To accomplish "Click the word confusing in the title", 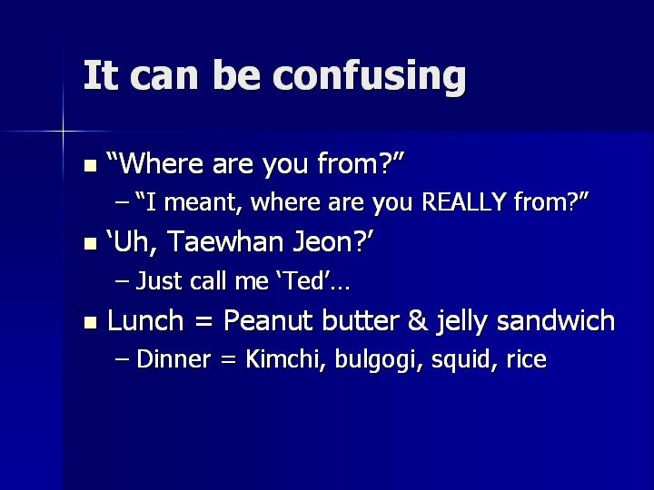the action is click(x=369, y=76).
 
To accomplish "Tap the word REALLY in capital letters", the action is click(x=464, y=201).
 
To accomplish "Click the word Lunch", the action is click(x=145, y=320).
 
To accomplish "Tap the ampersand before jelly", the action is click(x=418, y=320).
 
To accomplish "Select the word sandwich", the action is click(x=556, y=320).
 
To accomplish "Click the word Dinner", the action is click(x=173, y=358).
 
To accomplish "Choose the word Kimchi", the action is click(x=282, y=358).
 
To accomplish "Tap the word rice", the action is click(x=526, y=358).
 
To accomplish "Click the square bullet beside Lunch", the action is click(x=91, y=323).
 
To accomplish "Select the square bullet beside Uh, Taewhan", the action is click(x=91, y=244).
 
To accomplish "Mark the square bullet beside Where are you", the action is click(x=91, y=165).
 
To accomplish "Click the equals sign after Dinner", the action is click(x=229, y=359).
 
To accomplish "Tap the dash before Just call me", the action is click(x=122, y=281).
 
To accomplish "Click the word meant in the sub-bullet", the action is click(x=203, y=202).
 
